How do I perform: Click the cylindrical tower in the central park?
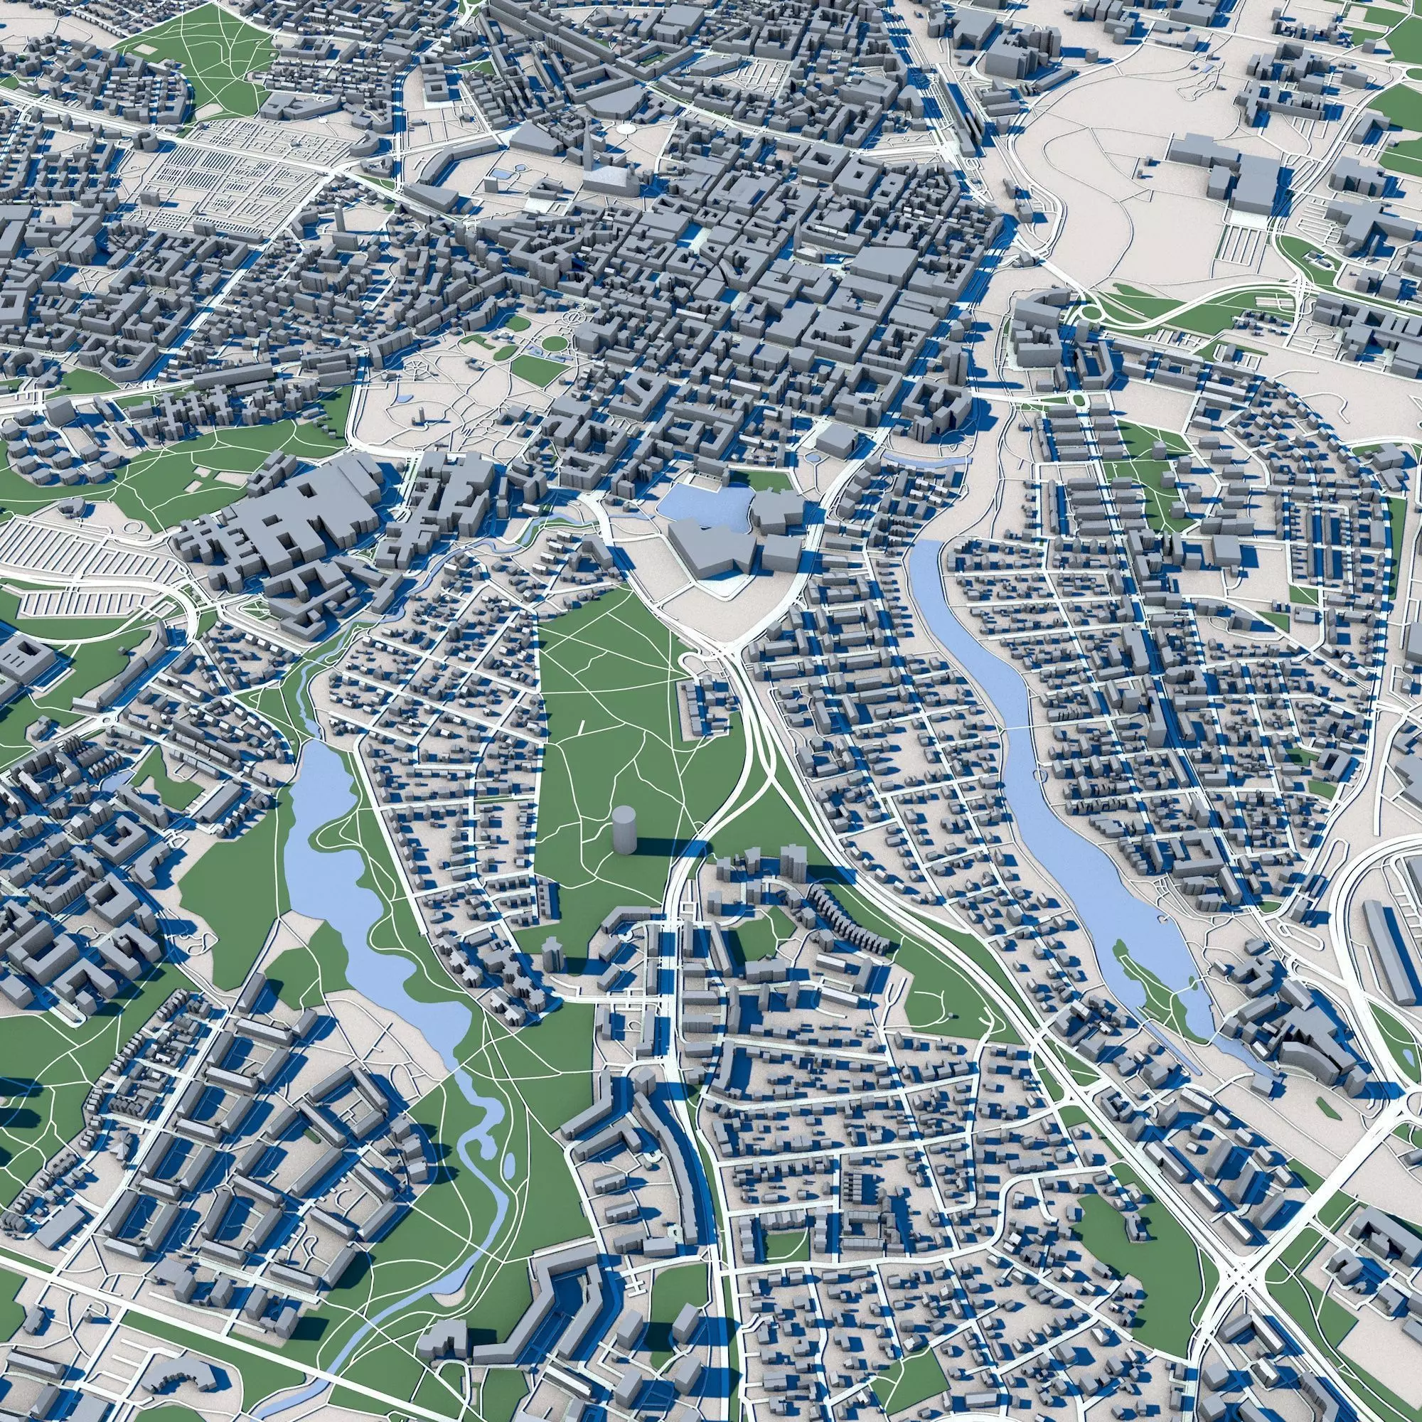(624, 830)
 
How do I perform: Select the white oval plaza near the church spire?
(625, 128)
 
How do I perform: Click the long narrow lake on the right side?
(1030, 773)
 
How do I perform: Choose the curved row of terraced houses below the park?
(846, 920)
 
